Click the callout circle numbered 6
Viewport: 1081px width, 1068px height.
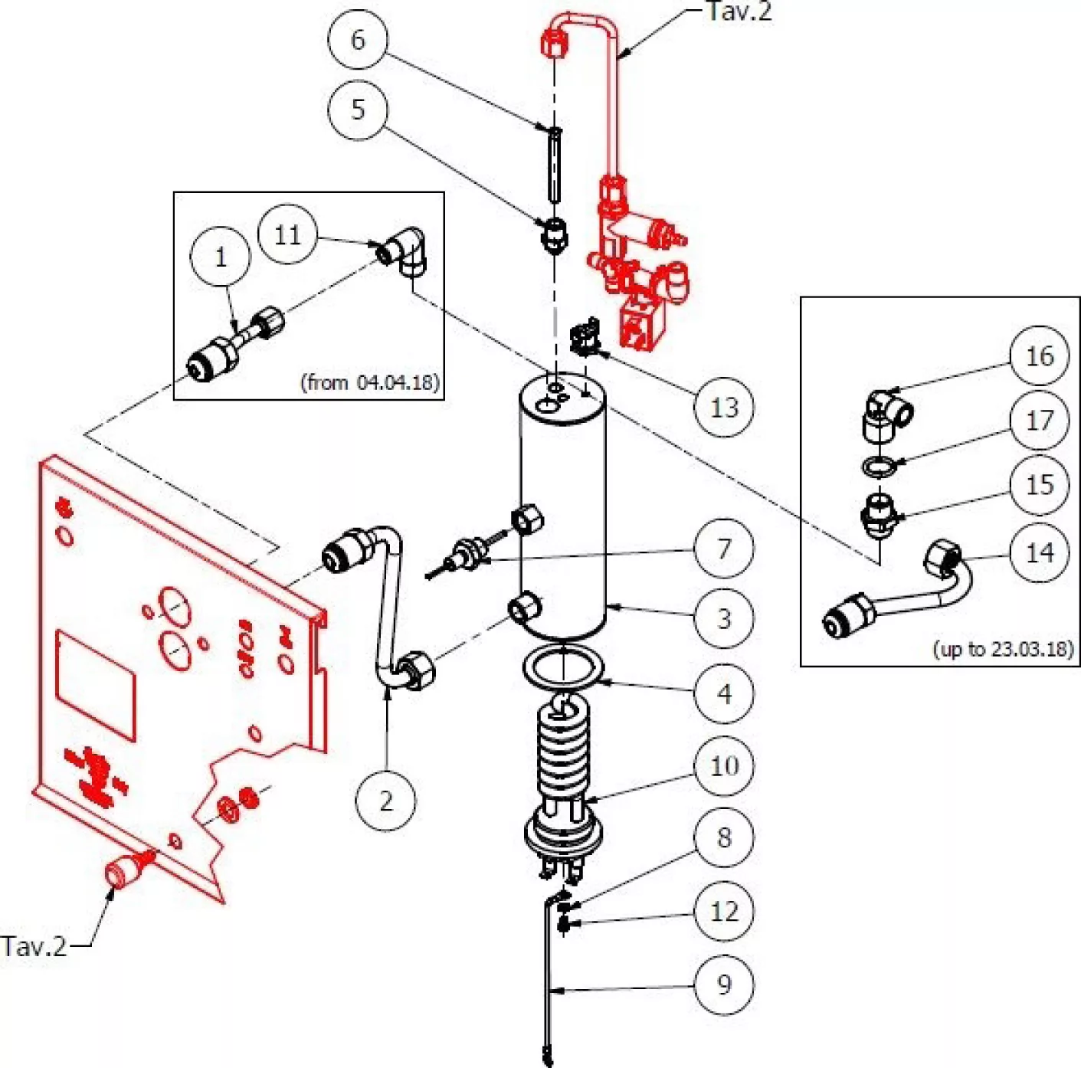pyautogui.click(x=358, y=40)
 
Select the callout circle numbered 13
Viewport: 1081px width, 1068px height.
pyautogui.click(x=723, y=408)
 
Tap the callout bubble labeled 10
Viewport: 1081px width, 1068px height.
pyautogui.click(x=723, y=765)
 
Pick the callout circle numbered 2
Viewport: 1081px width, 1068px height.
pyautogui.click(x=386, y=801)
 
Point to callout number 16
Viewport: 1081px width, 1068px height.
pyautogui.click(x=1039, y=355)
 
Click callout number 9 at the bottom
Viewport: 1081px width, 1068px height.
pyautogui.click(x=723, y=984)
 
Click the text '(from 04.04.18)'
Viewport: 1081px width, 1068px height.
pyautogui.click(x=370, y=382)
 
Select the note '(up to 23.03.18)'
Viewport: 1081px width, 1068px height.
pyautogui.click(x=1003, y=649)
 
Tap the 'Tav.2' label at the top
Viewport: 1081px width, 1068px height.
pyautogui.click(x=739, y=11)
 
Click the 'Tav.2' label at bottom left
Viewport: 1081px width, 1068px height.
pyautogui.click(x=34, y=946)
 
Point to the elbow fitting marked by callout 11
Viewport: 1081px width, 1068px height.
pyautogui.click(x=405, y=250)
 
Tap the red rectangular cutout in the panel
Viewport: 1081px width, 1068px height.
pyautogui.click(x=96, y=686)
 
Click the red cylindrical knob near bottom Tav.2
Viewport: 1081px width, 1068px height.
pyautogui.click(x=120, y=872)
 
